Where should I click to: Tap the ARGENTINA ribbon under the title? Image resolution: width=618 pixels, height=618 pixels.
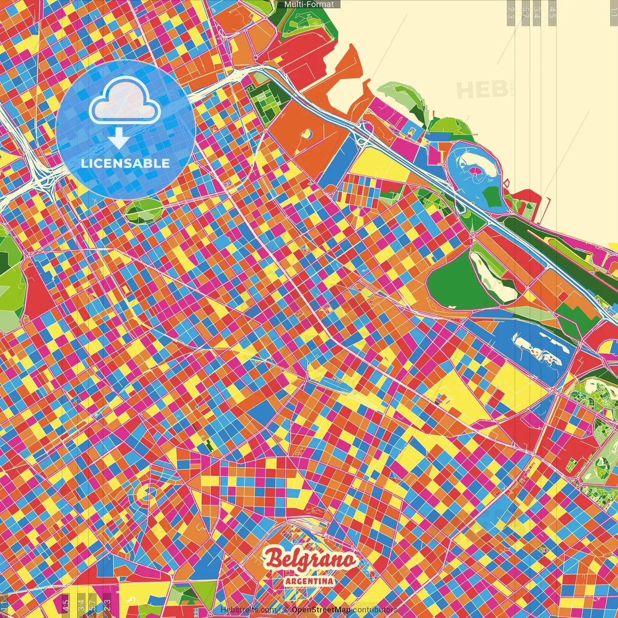click(x=309, y=581)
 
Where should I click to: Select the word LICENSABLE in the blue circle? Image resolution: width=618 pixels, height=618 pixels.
click(x=126, y=163)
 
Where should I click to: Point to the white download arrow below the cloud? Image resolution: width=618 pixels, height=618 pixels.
click(x=118, y=139)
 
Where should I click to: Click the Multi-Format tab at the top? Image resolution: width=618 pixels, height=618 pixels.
click(x=309, y=4)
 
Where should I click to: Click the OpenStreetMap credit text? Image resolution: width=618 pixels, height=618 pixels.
click(x=321, y=610)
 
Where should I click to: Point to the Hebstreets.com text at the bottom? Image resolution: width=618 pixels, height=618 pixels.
click(x=248, y=610)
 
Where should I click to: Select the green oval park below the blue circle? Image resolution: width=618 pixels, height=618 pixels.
click(x=143, y=211)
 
